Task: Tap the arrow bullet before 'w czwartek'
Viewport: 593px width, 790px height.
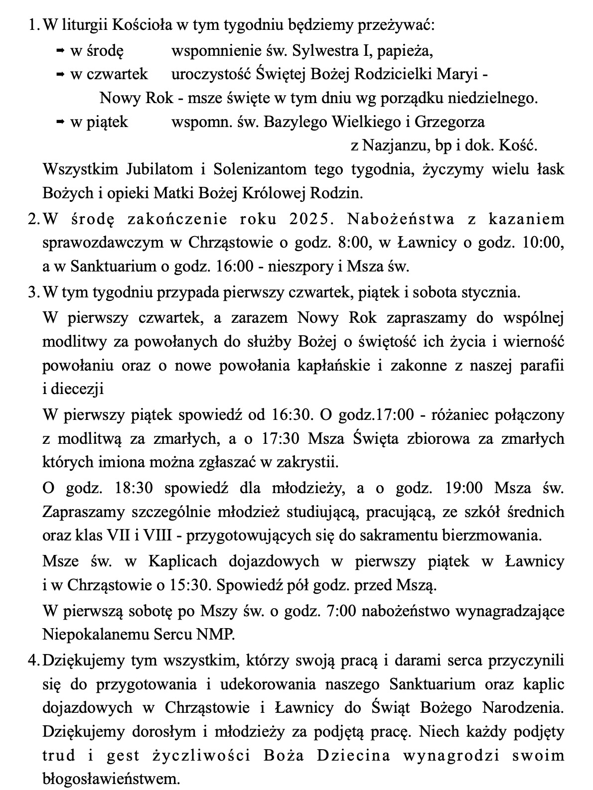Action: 60,74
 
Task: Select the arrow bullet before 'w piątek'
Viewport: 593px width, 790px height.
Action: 60,122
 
